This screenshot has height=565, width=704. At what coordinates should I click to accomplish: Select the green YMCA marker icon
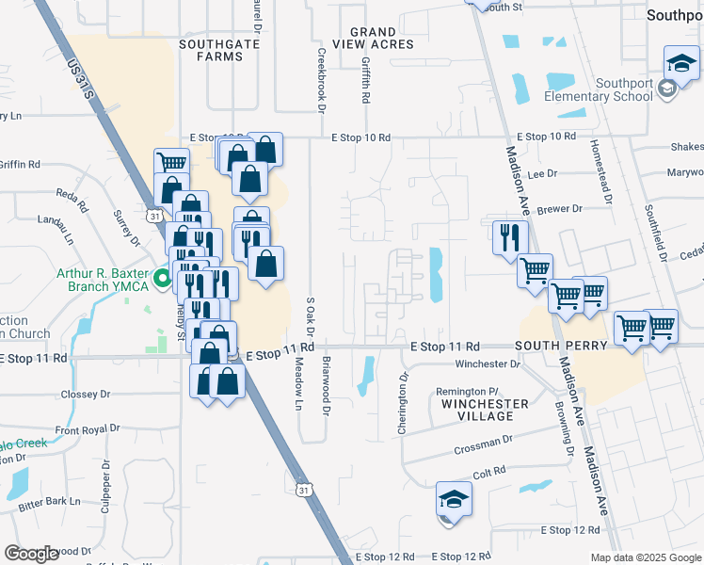[162, 279]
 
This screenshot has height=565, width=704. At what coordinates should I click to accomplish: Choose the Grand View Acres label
[380, 39]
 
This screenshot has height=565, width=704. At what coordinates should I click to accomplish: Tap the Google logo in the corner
[31, 554]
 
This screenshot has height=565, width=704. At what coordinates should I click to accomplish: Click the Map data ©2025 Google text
[645, 557]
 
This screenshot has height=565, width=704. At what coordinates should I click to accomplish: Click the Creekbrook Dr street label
[321, 79]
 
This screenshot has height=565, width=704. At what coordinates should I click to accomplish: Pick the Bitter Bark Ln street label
[51, 501]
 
